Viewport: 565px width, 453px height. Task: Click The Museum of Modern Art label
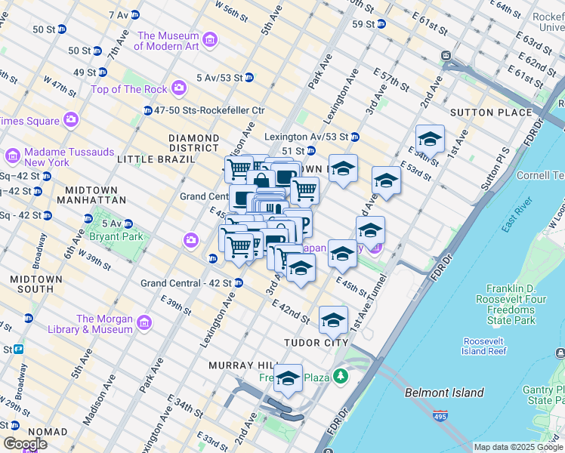[168, 41]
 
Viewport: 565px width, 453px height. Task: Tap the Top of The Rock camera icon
[179, 89]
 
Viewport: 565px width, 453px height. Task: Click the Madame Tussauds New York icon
[13, 156]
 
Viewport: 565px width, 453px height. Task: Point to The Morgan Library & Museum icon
[144, 323]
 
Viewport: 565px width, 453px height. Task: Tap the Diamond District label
[193, 143]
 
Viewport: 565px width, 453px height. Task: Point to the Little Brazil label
[148, 159]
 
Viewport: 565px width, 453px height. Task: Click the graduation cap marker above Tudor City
[333, 319]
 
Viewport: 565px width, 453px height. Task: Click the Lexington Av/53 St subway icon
[354, 137]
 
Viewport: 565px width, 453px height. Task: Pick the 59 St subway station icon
[381, 23]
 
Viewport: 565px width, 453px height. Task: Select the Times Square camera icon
[71, 120]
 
